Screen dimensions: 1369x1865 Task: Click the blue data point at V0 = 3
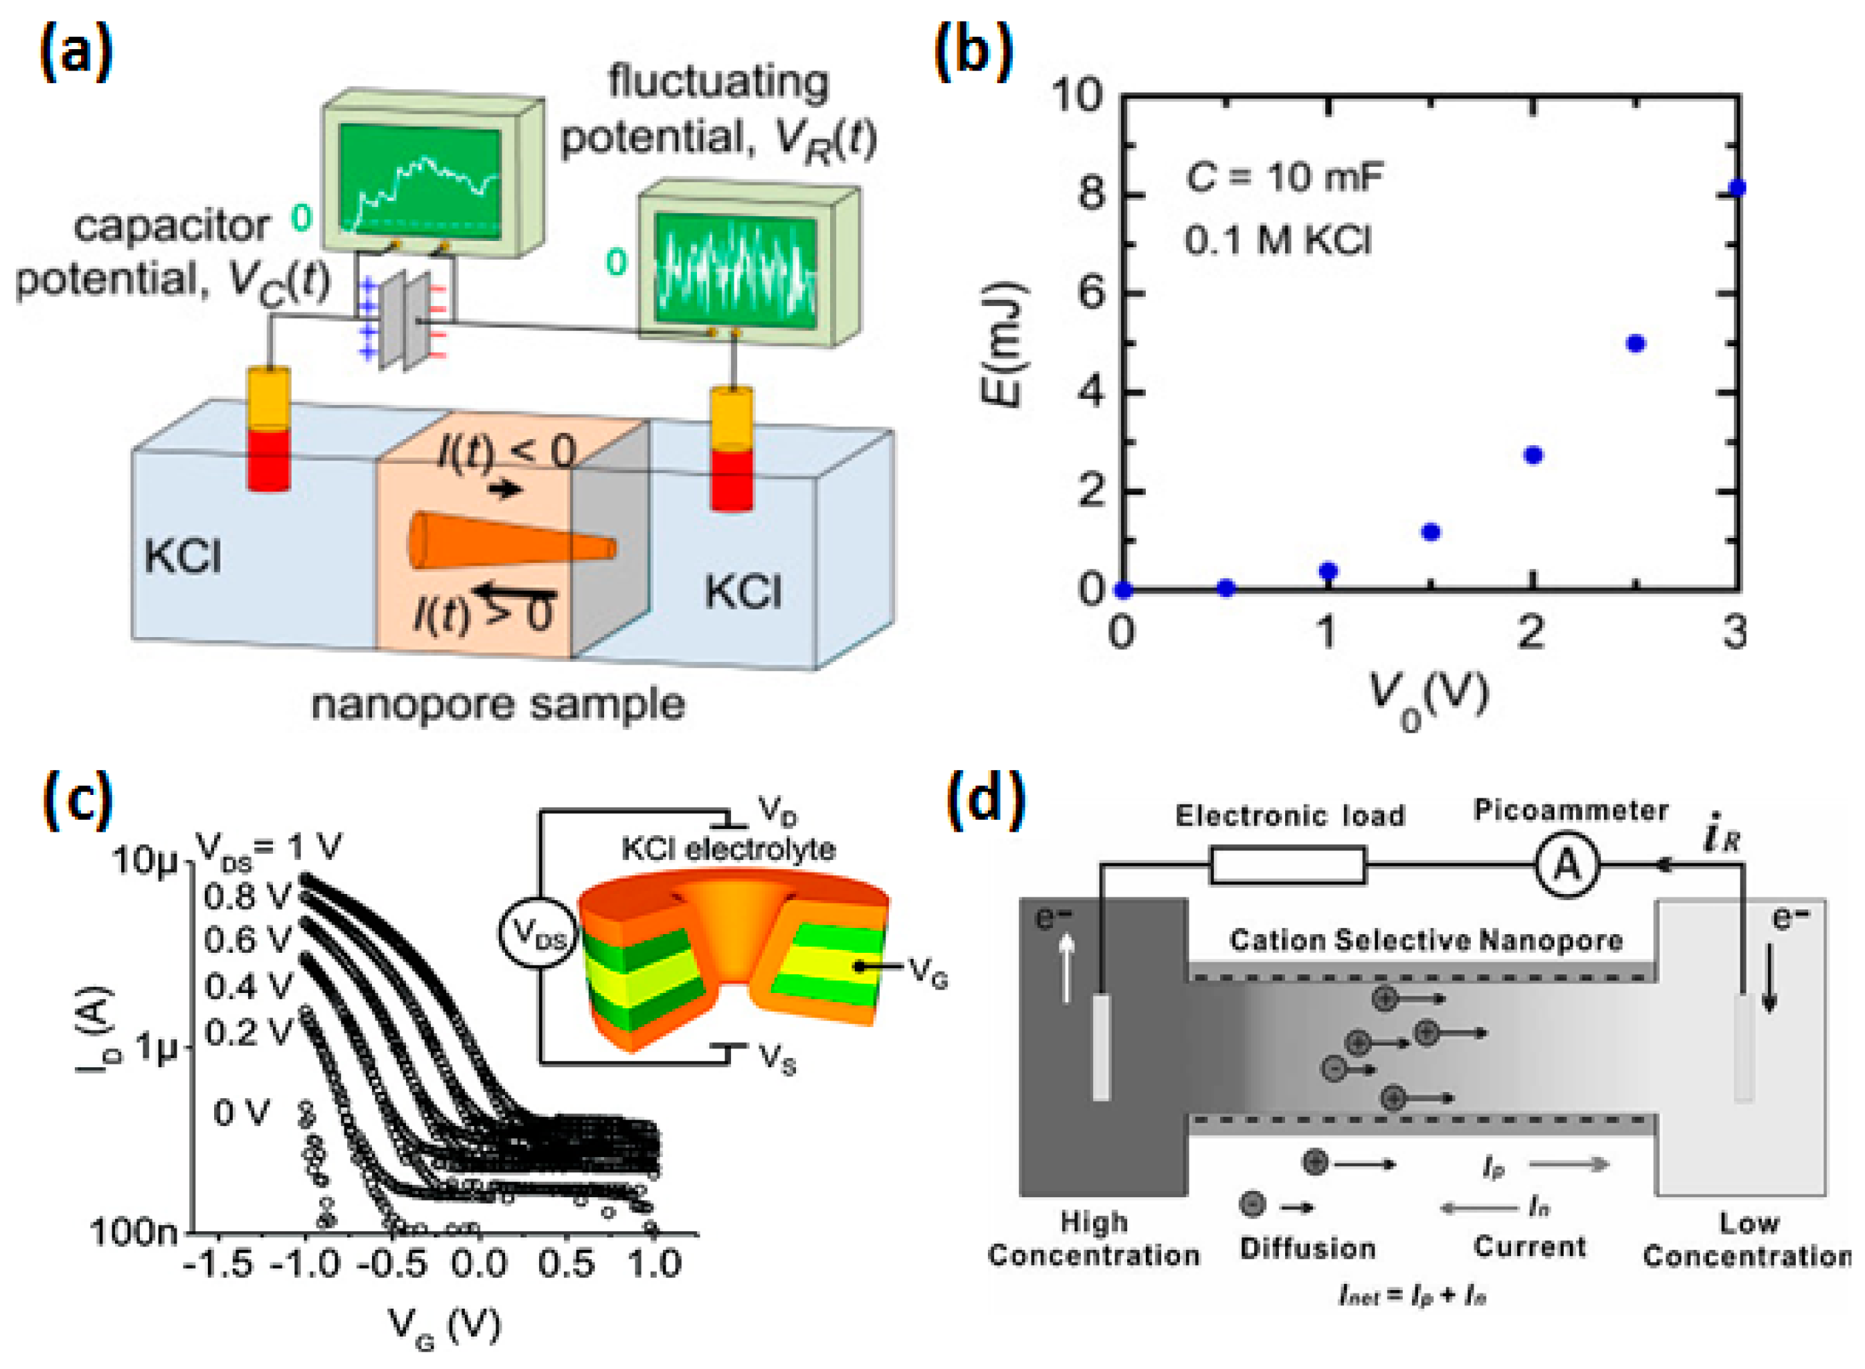click(x=1738, y=189)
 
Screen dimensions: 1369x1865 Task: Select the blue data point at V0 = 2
click(x=1532, y=455)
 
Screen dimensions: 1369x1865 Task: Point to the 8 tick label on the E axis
click(x=1088, y=195)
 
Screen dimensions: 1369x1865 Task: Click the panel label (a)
click(x=76, y=52)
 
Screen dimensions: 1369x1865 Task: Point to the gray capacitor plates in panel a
click(x=405, y=319)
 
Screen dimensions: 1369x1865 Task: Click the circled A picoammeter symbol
click(x=1566, y=865)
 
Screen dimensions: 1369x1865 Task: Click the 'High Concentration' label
click(x=1093, y=1238)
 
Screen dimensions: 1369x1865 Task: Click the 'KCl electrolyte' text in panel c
click(x=727, y=848)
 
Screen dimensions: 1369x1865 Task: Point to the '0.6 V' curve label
click(x=248, y=940)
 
